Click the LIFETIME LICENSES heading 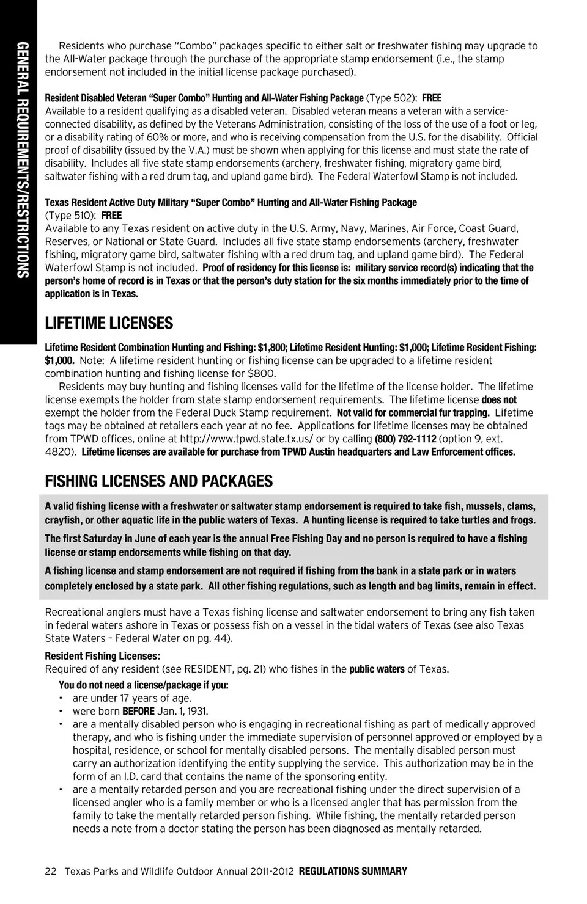point(109,323)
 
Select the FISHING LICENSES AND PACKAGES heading point(159,481)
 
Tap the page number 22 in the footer point(51,872)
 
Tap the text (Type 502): point(392,98)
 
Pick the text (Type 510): point(71,216)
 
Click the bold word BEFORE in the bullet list point(138,711)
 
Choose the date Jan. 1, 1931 point(183,711)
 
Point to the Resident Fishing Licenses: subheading point(103,656)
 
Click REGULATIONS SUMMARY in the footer point(353,872)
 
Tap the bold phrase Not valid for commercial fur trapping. point(413,413)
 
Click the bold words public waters point(377,669)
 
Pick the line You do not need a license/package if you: point(144,685)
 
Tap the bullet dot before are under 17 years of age point(61,698)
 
